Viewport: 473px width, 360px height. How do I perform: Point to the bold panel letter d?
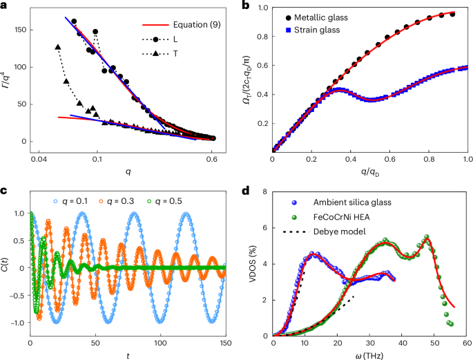pos(246,191)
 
